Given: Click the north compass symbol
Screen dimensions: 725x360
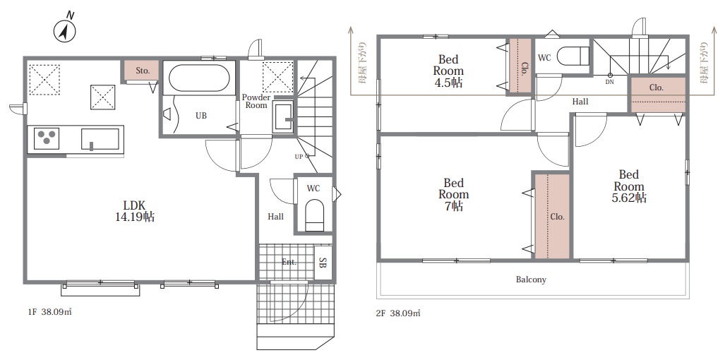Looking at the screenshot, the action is pyautogui.click(x=65, y=29).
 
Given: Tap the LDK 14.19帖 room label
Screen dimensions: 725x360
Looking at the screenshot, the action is pyautogui.click(x=135, y=211).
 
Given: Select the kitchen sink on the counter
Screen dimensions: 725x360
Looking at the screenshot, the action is pyautogui.click(x=100, y=139).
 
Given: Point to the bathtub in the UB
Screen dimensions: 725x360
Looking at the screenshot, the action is pyautogui.click(x=199, y=78).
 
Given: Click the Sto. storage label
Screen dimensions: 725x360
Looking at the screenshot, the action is pyautogui.click(x=143, y=71).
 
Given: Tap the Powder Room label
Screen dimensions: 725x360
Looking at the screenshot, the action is pyautogui.click(x=256, y=101).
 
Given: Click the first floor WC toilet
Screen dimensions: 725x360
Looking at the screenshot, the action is pyautogui.click(x=315, y=215).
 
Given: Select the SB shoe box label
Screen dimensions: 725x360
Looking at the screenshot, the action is pyautogui.click(x=323, y=263).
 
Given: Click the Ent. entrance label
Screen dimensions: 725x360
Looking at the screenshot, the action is pyautogui.click(x=289, y=262).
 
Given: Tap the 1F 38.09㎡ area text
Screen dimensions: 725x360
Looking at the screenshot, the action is pyautogui.click(x=49, y=312).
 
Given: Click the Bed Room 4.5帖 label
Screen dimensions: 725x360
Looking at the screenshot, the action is pyautogui.click(x=448, y=71).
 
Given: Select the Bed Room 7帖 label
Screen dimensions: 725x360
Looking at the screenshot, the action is pyautogui.click(x=454, y=195).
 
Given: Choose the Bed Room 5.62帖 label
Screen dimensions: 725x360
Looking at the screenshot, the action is pyautogui.click(x=629, y=186).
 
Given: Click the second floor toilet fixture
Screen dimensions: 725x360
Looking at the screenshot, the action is pyautogui.click(x=573, y=56).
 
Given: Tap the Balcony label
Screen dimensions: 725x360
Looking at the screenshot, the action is pyautogui.click(x=531, y=280).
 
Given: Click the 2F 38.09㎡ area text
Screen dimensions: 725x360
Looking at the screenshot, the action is pyautogui.click(x=397, y=313).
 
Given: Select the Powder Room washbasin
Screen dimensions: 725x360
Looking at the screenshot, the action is pyautogui.click(x=282, y=117).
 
